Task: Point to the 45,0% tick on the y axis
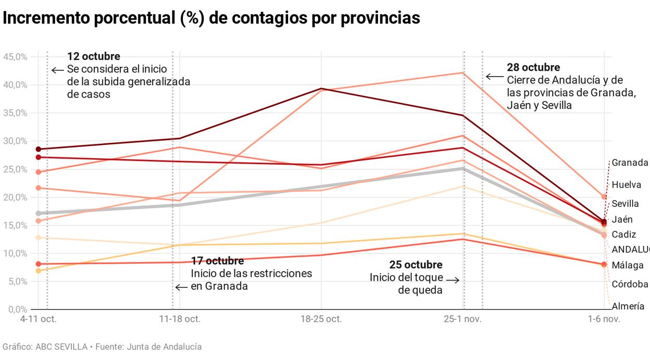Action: [x=15, y=57]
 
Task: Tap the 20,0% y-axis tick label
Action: [x=15, y=197]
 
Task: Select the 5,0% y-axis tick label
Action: [x=17, y=282]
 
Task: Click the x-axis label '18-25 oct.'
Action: [x=321, y=319]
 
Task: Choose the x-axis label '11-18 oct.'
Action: [x=179, y=319]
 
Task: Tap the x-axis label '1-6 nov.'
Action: [x=604, y=319]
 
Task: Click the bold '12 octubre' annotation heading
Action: [x=94, y=56]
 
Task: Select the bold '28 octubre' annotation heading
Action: [x=533, y=67]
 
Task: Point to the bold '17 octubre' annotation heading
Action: [x=217, y=260]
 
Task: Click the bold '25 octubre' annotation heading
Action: [x=416, y=265]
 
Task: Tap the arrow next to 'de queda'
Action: [x=453, y=280]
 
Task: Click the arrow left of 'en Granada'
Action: [x=181, y=287]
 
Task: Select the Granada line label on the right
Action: [x=630, y=163]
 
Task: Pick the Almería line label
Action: [x=628, y=306]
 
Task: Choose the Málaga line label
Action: [x=628, y=265]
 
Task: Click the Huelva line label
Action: [x=627, y=184]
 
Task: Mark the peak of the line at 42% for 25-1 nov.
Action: [x=463, y=73]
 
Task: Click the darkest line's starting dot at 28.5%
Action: [x=38, y=149]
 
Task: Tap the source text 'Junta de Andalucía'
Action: [x=164, y=346]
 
